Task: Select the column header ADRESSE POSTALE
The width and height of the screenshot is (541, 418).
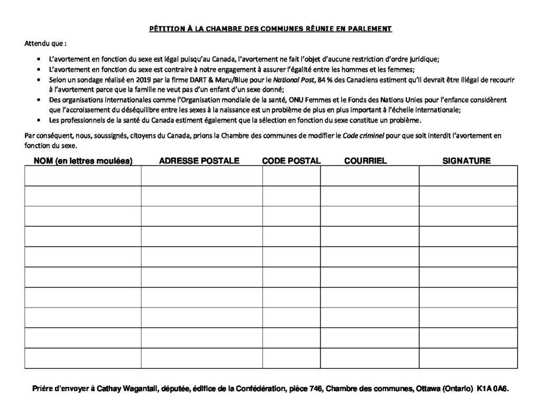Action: click(199, 161)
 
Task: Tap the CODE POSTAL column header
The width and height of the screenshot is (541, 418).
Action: click(291, 161)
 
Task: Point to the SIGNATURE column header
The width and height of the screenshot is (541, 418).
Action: click(467, 161)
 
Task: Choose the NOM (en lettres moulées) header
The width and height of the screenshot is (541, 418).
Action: click(83, 161)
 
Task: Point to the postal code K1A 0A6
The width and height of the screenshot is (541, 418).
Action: click(491, 388)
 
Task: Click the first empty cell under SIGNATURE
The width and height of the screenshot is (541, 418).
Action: click(468, 175)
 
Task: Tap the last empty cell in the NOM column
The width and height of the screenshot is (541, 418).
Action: click(82, 358)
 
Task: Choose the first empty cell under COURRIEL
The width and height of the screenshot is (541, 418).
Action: click(369, 175)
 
